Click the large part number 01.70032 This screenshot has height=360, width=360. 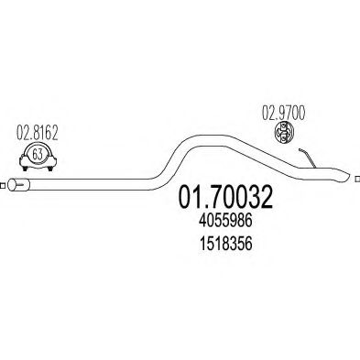pos(224,198)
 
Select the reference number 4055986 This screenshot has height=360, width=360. pos(225,220)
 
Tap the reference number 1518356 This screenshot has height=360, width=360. pos(225,244)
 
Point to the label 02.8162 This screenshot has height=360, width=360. pos(37,134)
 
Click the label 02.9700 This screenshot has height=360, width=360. pos(283,114)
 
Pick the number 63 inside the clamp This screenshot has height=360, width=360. pos(37,155)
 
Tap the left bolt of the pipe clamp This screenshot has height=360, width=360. pos(25,168)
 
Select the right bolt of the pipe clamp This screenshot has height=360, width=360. pos(50,168)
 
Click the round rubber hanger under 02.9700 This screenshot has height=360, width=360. pos(283,133)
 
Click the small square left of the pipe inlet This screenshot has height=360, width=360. pos(3,185)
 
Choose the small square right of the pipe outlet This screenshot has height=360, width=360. pos(357,179)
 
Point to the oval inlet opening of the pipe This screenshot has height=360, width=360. pos(12,186)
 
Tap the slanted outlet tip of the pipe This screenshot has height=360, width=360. pos(344,174)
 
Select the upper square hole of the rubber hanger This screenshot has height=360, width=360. pos(283,126)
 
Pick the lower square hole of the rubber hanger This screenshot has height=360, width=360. pos(283,139)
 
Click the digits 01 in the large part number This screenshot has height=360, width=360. pos(190,198)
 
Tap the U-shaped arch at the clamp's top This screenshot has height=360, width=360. pos(37,144)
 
